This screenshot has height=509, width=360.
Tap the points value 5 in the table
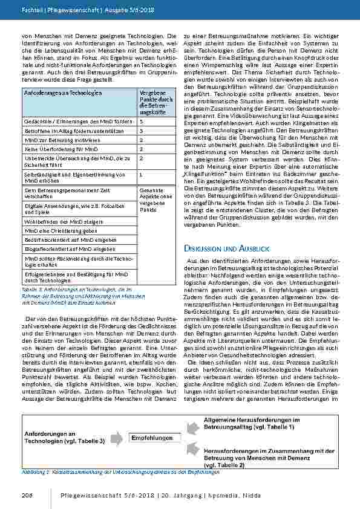click(x=141, y=121)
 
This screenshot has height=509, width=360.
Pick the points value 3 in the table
click(x=141, y=130)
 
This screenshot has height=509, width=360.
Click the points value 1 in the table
click(x=141, y=174)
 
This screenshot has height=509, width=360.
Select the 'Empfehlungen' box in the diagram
click(x=152, y=438)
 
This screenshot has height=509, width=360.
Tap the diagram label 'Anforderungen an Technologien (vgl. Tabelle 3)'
click(x=64, y=438)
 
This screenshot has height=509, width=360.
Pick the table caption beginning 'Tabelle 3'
click(x=72, y=297)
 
